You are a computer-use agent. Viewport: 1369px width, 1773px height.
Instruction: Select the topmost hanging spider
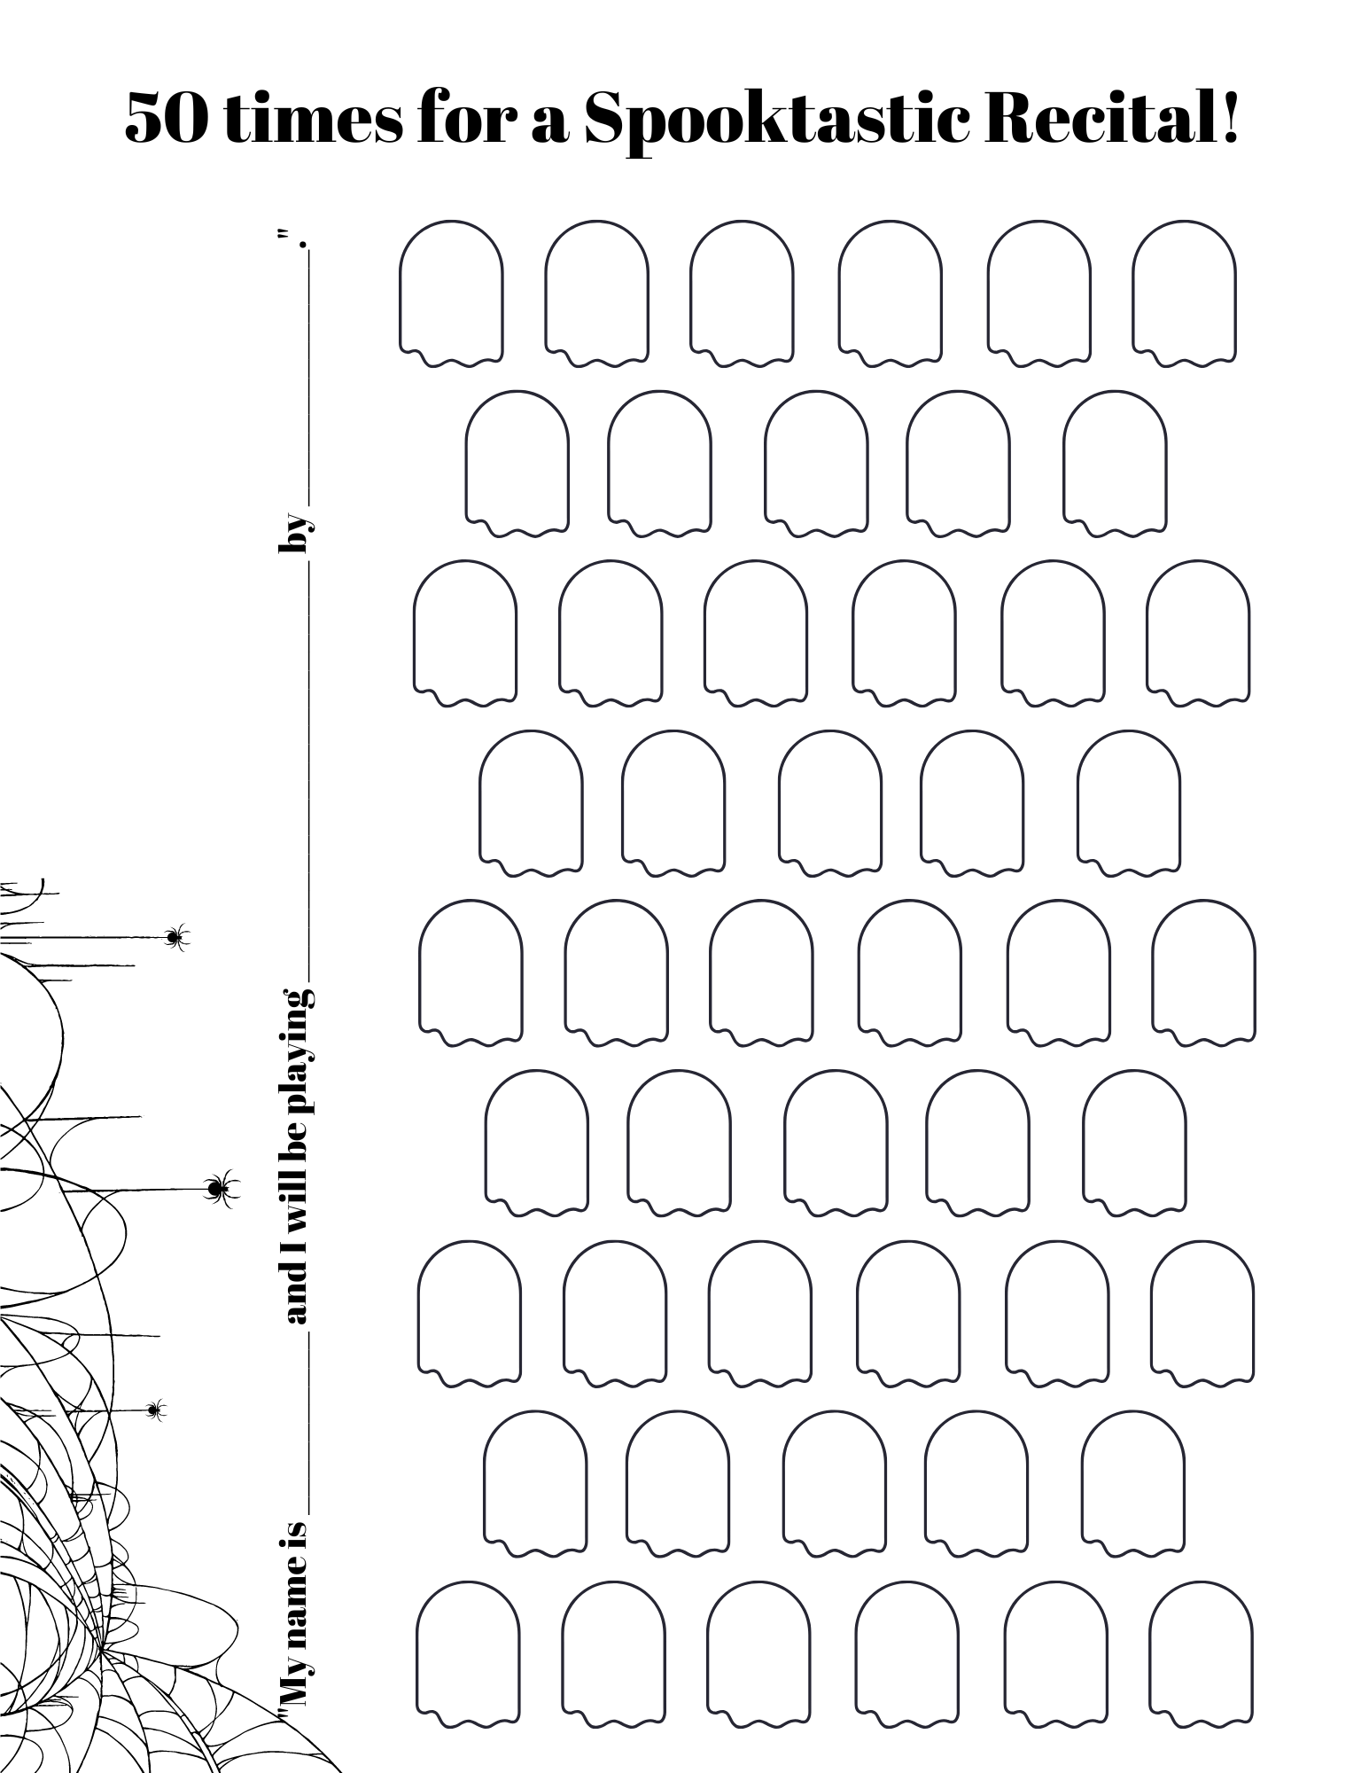pos(176,936)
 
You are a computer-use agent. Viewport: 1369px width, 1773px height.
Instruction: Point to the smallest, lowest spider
pos(156,1408)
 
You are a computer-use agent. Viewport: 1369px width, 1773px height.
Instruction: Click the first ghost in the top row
pos(451,293)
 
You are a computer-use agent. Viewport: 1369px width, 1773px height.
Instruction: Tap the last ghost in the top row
pos(1184,293)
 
